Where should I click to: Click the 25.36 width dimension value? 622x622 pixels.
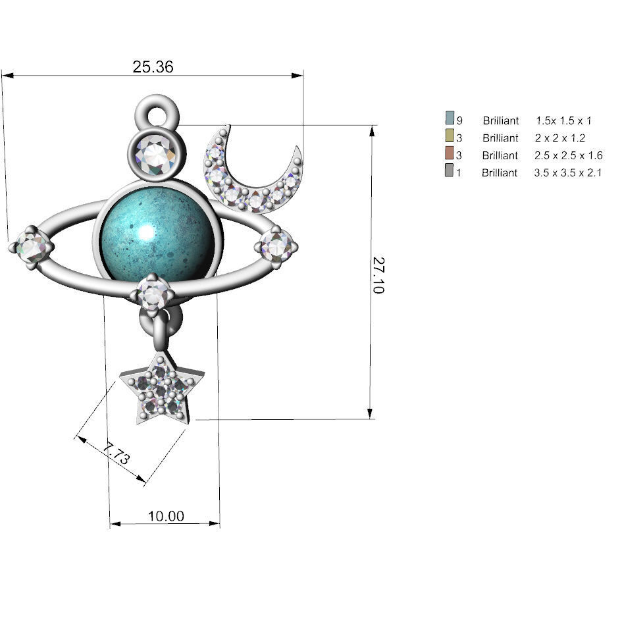153,66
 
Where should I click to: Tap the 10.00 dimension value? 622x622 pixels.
166,516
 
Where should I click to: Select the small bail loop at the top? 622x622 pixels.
157,115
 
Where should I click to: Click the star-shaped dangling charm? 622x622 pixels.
161,391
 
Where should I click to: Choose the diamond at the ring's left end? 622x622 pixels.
32,247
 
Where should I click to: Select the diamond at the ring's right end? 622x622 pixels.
276,246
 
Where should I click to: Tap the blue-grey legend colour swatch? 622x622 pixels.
450,119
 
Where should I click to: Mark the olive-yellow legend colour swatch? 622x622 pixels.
450,136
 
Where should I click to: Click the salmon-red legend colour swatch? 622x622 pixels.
450,154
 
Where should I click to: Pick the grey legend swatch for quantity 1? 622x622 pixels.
450,171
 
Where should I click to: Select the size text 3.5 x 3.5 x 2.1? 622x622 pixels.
569,173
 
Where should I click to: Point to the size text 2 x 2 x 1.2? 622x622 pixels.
560,138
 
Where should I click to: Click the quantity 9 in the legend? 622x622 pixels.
459,121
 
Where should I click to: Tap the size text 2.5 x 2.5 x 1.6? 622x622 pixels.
569,156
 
